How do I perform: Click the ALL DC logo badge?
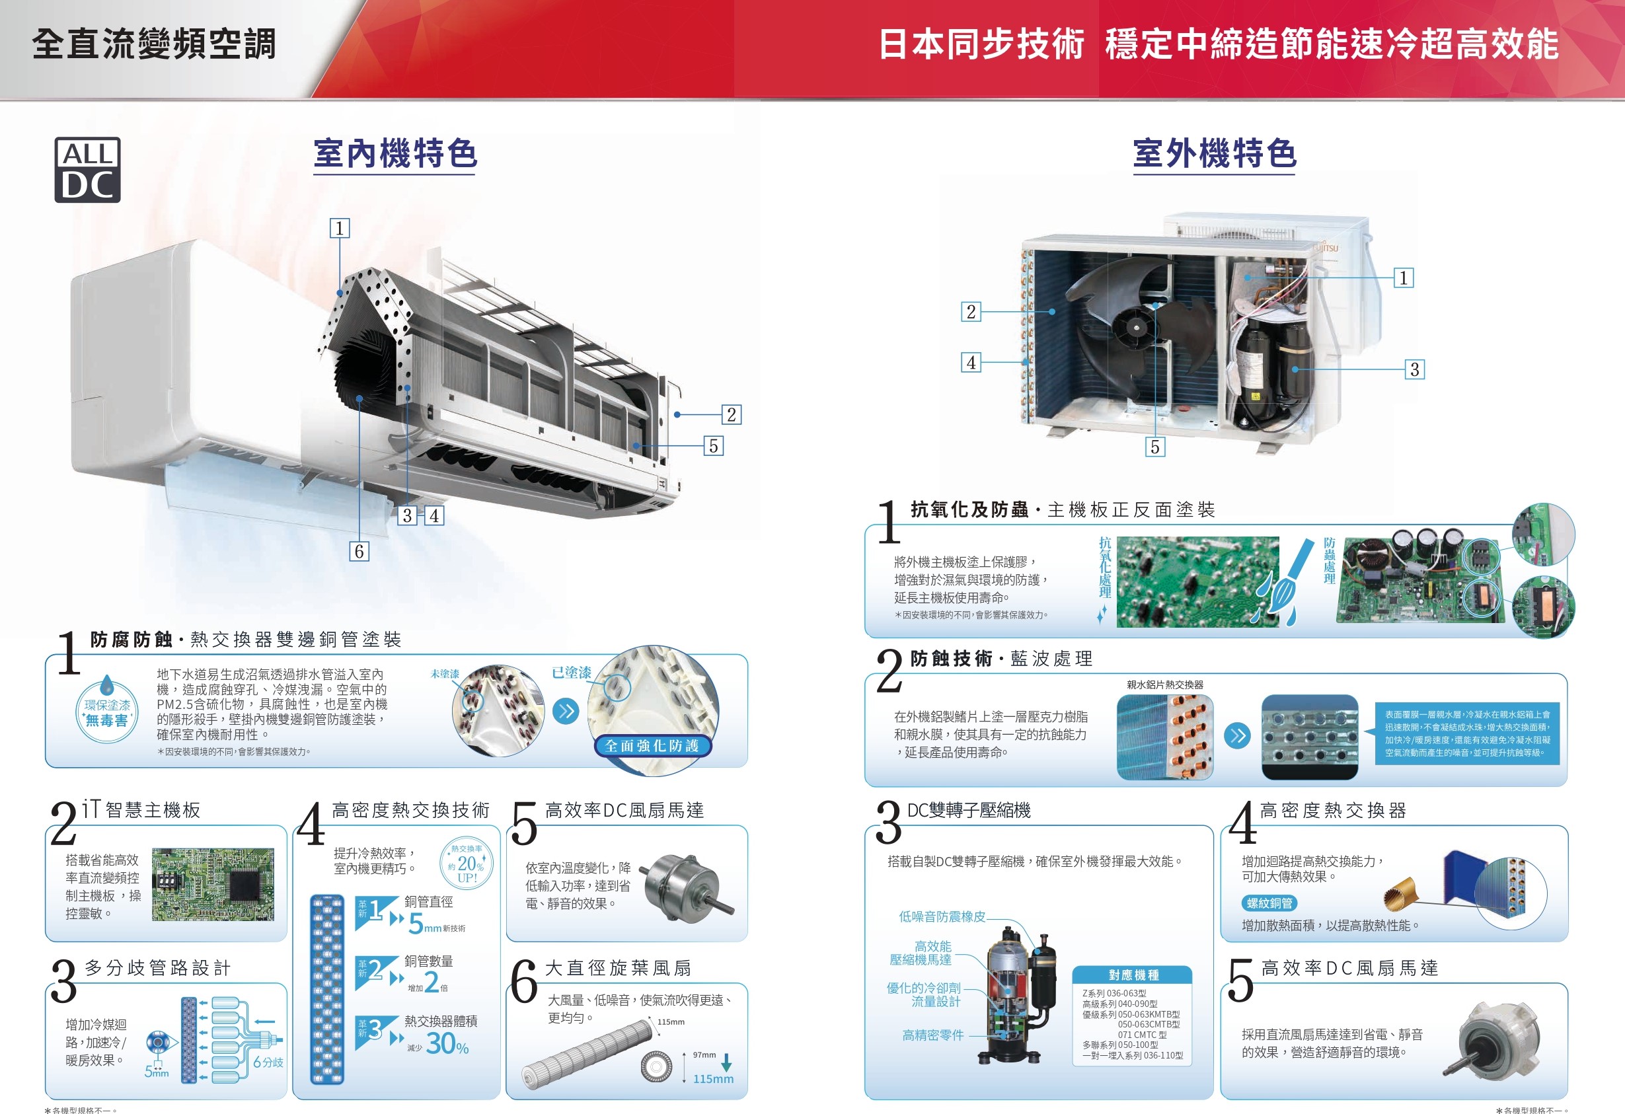87,170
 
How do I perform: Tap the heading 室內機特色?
395,153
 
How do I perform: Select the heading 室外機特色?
1215,153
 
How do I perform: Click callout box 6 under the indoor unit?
359,551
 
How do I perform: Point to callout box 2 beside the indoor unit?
732,415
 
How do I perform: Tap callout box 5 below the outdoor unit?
1155,447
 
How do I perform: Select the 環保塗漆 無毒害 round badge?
107,710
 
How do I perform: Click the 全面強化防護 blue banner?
652,746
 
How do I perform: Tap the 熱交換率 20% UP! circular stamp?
467,864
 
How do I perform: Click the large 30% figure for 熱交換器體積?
447,1044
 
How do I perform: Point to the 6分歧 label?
268,1062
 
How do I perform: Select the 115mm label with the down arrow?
713,1078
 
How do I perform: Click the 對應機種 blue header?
1133,975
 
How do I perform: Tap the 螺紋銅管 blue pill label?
1269,903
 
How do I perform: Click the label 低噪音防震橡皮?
942,916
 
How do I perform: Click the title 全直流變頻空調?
154,44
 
